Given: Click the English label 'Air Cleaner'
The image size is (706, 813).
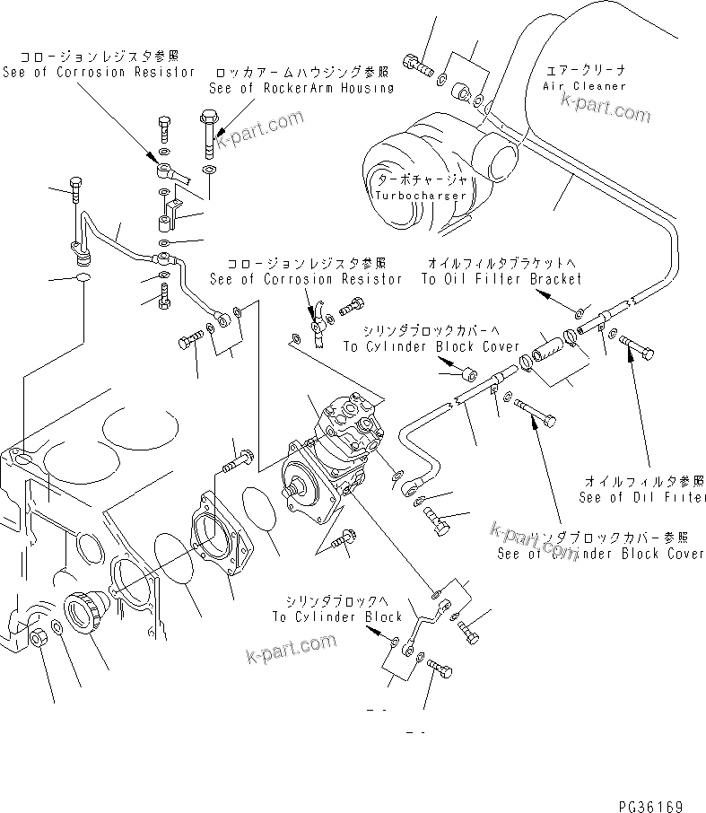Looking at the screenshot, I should click(584, 86).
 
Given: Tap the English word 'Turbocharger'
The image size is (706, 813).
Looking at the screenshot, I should click(421, 195).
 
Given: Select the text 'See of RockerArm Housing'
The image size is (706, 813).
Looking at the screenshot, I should click(301, 88).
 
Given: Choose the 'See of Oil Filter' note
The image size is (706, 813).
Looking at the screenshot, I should click(642, 497).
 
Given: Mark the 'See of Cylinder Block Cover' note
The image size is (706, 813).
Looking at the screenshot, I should click(601, 554).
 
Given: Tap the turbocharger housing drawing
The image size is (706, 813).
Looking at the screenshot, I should click(413, 179).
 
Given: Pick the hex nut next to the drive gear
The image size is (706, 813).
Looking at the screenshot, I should click(38, 638).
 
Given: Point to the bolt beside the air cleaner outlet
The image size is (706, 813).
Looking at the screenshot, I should click(417, 65).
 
